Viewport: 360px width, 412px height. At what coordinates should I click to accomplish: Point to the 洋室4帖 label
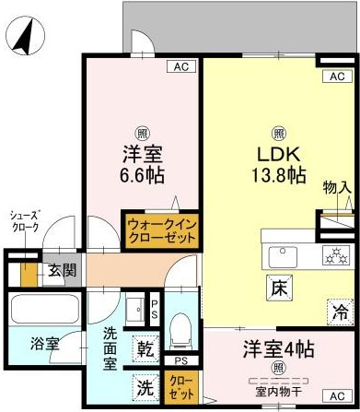pyautogui.click(x=279, y=350)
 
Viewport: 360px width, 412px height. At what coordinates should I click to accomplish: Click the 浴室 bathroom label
pyautogui.click(x=45, y=345)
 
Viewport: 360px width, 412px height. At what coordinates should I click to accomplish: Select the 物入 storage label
pyautogui.click(x=337, y=188)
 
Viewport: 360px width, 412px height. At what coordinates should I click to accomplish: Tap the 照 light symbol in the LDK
pyautogui.click(x=276, y=131)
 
